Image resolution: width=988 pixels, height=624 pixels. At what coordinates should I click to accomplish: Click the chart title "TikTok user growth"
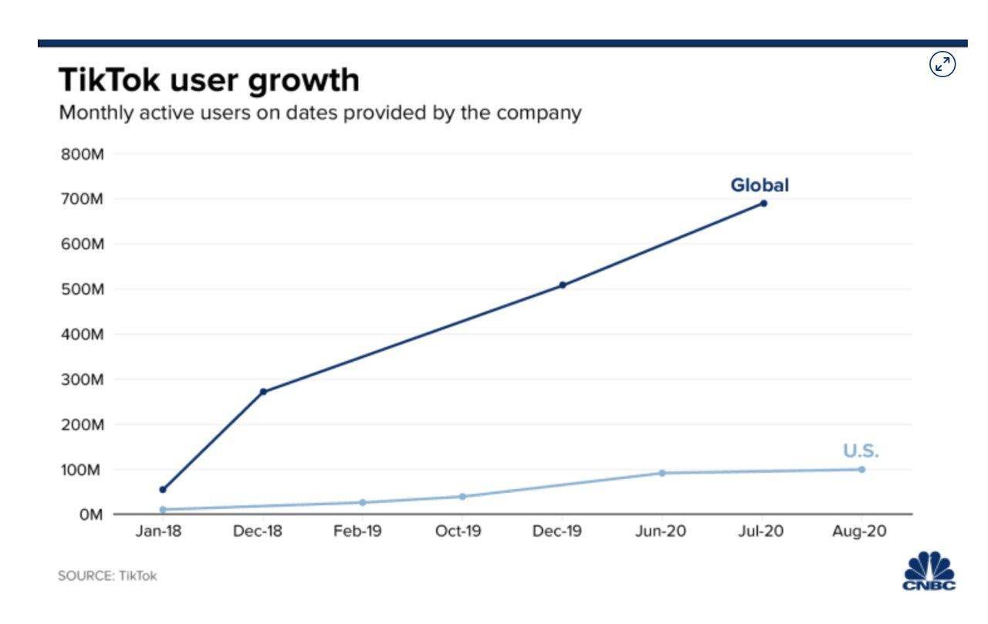coord(208,80)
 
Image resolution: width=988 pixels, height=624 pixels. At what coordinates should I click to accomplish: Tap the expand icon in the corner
coord(942,65)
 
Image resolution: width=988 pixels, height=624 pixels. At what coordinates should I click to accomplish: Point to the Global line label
coord(760,185)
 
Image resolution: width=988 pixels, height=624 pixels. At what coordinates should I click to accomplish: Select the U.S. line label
coord(861,451)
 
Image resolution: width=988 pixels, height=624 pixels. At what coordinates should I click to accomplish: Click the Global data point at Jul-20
coord(763,204)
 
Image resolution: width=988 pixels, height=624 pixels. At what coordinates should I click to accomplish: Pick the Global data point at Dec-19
coord(563,285)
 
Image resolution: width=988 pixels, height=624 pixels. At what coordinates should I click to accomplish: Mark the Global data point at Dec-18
coord(263,392)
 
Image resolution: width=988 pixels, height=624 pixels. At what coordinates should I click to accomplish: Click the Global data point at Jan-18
coord(162,490)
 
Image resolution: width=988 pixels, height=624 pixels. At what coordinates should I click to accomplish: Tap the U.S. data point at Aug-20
coord(861,470)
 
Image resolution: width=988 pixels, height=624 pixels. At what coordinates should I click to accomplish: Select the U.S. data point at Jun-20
coord(662,473)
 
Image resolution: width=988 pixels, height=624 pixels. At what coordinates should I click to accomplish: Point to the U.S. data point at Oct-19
coord(462,497)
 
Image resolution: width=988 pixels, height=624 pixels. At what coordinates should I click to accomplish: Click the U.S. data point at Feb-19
coord(362,503)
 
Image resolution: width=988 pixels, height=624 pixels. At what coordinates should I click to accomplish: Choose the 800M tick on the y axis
coord(81,153)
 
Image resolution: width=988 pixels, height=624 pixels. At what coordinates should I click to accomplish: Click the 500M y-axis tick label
coord(81,289)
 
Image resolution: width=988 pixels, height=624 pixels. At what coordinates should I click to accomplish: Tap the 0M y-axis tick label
coord(87,514)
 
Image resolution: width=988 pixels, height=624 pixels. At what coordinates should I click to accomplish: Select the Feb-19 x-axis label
coord(357,532)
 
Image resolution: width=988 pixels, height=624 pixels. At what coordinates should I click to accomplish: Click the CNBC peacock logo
coord(930,570)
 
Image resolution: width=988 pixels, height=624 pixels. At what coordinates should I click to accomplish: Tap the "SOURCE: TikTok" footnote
coord(107,576)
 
